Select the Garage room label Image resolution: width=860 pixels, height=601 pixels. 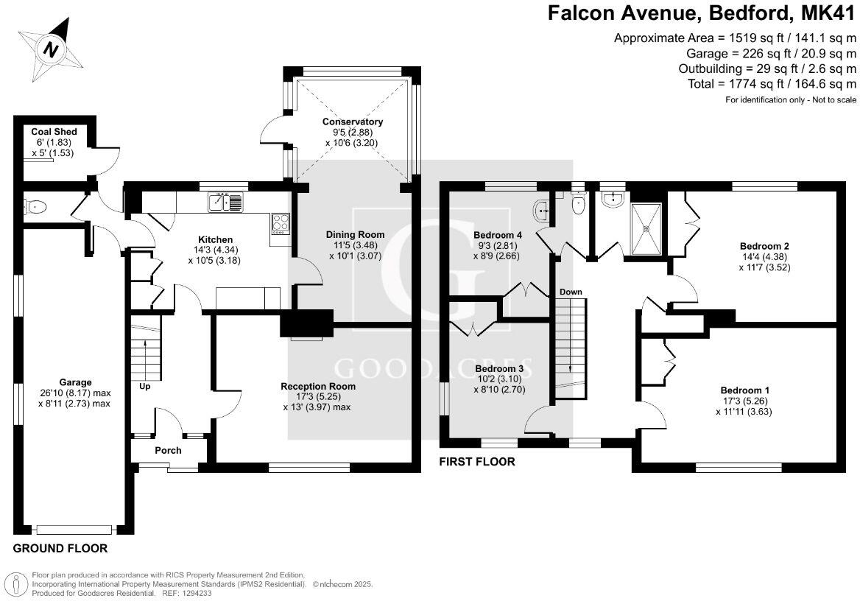pyautogui.click(x=76, y=382)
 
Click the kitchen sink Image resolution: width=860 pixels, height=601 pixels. pyautogui.click(x=225, y=201)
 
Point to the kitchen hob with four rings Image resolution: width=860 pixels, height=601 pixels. pyautogui.click(x=281, y=222)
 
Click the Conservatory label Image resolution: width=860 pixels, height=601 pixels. pyautogui.click(x=352, y=122)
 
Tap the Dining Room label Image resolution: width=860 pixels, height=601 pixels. pyautogui.click(x=355, y=234)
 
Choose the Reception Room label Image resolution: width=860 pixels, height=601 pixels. pyautogui.click(x=318, y=386)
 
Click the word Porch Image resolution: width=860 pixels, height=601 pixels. pyautogui.click(x=168, y=450)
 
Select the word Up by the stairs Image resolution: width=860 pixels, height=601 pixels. pyautogui.click(x=144, y=386)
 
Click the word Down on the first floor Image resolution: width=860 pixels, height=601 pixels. pyautogui.click(x=571, y=292)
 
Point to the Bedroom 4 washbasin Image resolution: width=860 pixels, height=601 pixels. pyautogui.click(x=546, y=211)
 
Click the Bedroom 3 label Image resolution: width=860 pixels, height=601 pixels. pyautogui.click(x=499, y=368)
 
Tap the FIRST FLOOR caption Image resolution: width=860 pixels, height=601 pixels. pyautogui.click(x=476, y=462)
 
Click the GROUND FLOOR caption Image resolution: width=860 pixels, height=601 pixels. pyautogui.click(x=60, y=548)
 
